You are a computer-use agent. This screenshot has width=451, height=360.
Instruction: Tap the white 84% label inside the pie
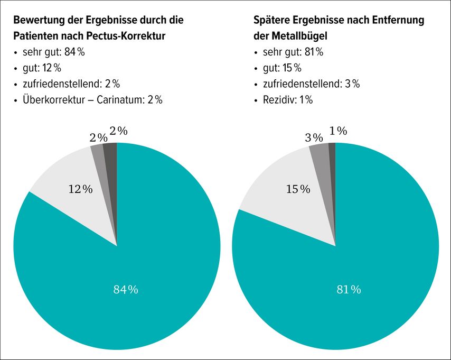pos(126,289)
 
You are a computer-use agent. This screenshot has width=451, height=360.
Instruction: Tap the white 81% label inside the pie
pos(349,289)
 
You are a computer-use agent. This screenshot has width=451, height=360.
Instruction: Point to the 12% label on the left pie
pos(80,189)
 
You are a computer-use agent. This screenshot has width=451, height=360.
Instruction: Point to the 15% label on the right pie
pos(298,189)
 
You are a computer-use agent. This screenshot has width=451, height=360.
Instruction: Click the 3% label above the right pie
pos(314,137)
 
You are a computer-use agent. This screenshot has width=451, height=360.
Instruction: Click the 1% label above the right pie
pos(338,131)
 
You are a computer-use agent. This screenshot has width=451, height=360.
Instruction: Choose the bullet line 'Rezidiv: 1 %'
pos(287,99)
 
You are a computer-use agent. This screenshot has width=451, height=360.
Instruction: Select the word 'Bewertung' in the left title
pos(38,21)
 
